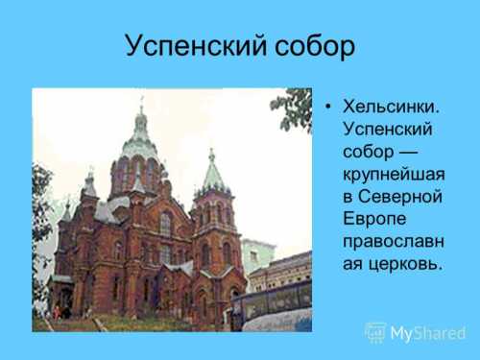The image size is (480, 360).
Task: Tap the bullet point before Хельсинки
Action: click(328, 106)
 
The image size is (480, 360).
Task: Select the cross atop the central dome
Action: click(141, 100)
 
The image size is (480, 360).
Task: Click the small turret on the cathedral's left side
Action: click(89, 184)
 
